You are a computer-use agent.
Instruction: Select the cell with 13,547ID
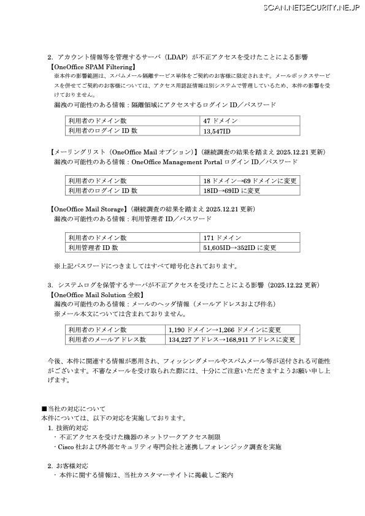pyautogui.click(x=216, y=131)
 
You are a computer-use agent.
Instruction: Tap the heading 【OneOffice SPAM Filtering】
pyautogui.click(x=92, y=66)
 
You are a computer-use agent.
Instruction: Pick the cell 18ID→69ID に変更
pyautogui.click(x=223, y=191)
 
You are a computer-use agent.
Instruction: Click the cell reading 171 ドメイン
pyautogui.click(x=222, y=238)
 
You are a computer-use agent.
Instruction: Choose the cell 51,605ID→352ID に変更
pyautogui.click(x=239, y=248)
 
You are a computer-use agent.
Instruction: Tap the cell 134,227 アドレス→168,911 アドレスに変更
pyautogui.click(x=232, y=340)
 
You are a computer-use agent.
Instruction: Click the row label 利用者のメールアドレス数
pyautogui.click(x=107, y=340)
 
